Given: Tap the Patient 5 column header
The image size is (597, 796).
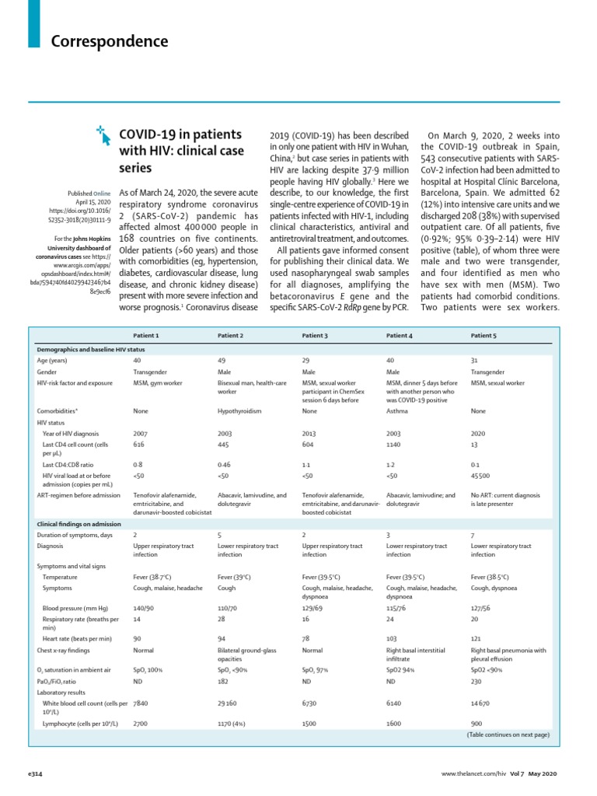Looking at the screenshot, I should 484,335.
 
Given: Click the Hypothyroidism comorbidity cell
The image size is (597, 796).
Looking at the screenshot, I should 239,410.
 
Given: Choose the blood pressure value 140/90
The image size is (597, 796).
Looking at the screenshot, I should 144,607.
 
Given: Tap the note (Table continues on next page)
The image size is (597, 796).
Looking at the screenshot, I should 508,735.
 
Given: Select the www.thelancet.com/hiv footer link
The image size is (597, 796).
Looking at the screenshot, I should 473,774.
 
